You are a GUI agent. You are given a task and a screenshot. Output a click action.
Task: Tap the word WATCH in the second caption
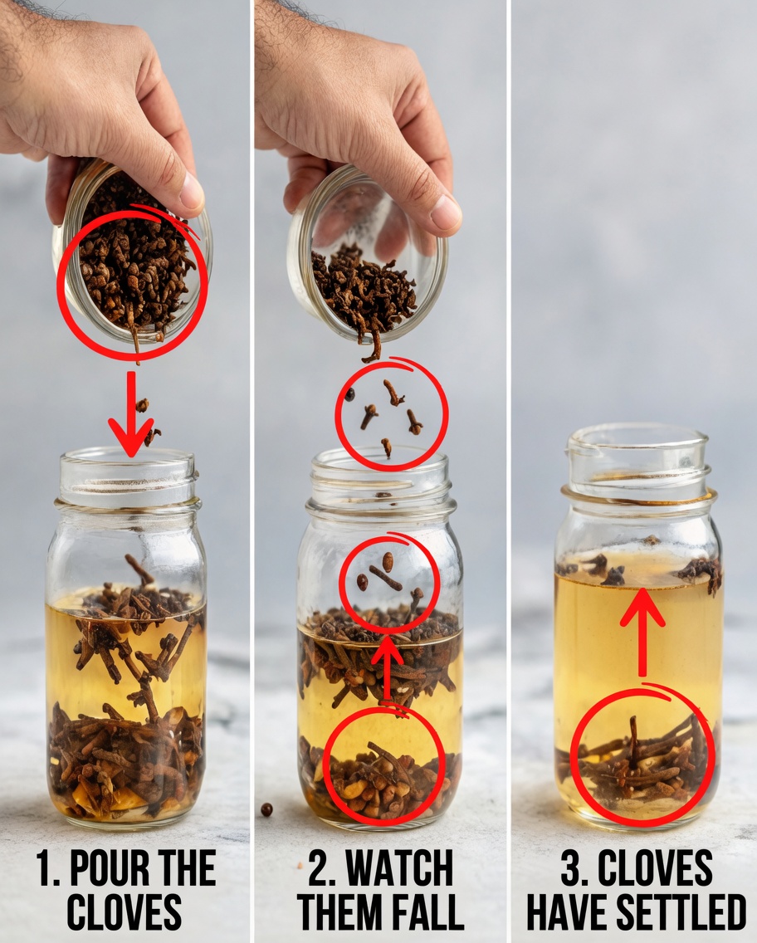click(x=401, y=869)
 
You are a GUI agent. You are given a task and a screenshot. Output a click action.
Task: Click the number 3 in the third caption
click(x=570, y=869)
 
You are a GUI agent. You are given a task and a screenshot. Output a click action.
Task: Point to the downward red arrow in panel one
click(x=131, y=415)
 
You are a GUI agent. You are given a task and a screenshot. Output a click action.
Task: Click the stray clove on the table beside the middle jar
click(x=266, y=809)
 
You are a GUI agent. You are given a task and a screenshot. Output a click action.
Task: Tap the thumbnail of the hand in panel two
click(x=446, y=214)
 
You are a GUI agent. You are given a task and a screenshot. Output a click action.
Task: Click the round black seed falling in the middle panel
click(x=350, y=395)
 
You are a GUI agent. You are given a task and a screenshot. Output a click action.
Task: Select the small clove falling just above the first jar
click(x=143, y=405)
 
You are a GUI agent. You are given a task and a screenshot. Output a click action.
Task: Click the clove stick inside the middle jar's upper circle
click(x=385, y=579)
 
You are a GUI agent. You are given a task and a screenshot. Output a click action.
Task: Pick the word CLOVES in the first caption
click(x=125, y=911)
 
